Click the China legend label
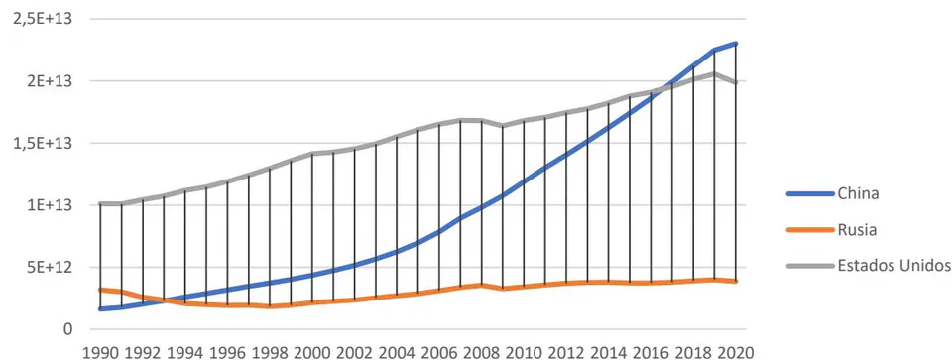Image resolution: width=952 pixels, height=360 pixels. (858, 194)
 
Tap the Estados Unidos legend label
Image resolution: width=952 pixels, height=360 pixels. (893, 266)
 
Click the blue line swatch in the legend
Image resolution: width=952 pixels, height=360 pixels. (810, 194)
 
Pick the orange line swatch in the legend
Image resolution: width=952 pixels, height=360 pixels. (810, 230)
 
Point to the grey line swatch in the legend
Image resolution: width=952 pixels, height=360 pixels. (810, 266)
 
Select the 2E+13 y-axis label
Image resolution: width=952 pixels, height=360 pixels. (51, 81)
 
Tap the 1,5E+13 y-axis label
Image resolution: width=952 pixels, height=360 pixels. (42, 143)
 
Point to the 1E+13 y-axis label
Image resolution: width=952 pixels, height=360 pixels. (51, 205)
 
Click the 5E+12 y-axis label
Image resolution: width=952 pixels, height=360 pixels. (51, 267)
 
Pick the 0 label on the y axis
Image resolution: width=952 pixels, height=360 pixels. (67, 329)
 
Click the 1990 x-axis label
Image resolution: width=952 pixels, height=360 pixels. (100, 351)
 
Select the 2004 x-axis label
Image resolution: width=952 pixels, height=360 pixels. (397, 351)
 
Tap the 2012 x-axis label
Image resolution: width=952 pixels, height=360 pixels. (566, 351)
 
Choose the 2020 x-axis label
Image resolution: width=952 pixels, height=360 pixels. (737, 351)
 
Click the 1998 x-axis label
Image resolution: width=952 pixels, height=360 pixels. (270, 351)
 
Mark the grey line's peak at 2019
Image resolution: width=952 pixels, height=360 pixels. (715, 74)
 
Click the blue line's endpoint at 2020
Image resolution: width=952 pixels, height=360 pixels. (736, 44)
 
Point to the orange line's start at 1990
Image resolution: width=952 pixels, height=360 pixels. (100, 290)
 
